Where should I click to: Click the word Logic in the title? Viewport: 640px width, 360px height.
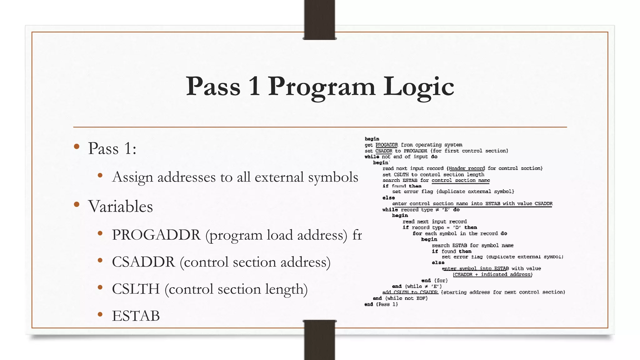419,87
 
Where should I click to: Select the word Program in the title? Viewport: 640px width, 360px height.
322,87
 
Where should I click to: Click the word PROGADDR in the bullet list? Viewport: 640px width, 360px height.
156,235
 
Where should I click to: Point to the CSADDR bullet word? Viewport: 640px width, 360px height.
143,262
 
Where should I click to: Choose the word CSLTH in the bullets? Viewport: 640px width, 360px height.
136,289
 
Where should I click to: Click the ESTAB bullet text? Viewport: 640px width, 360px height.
136,316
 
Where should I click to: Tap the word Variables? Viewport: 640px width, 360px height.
120,207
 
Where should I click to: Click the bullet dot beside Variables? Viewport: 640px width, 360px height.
77,205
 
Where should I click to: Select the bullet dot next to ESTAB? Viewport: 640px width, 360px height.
100,314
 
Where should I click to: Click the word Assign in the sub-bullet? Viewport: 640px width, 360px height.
132,177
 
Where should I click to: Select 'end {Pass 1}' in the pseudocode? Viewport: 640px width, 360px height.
381,304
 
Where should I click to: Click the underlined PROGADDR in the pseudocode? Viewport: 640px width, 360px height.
387,145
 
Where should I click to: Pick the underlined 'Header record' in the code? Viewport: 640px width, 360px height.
467,168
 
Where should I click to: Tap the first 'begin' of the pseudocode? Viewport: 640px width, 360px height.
372,139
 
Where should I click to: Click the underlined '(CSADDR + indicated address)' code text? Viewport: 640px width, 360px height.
492,274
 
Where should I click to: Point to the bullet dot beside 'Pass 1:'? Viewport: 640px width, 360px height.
77,147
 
